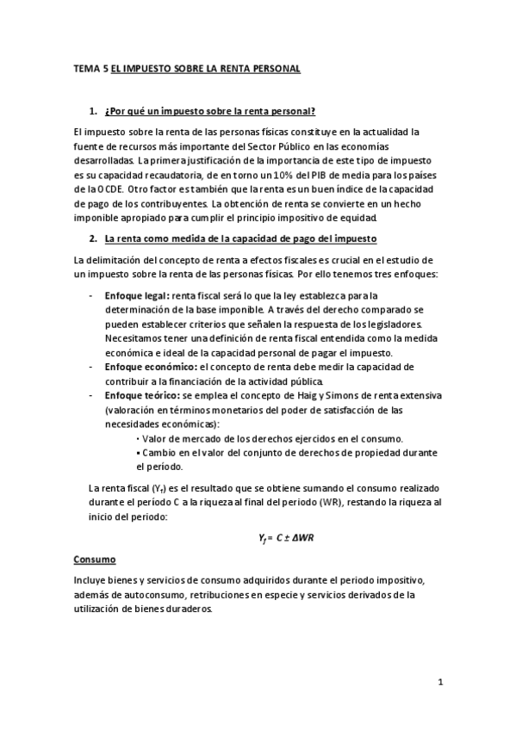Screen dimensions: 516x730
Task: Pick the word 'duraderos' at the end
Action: pos(188,609)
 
